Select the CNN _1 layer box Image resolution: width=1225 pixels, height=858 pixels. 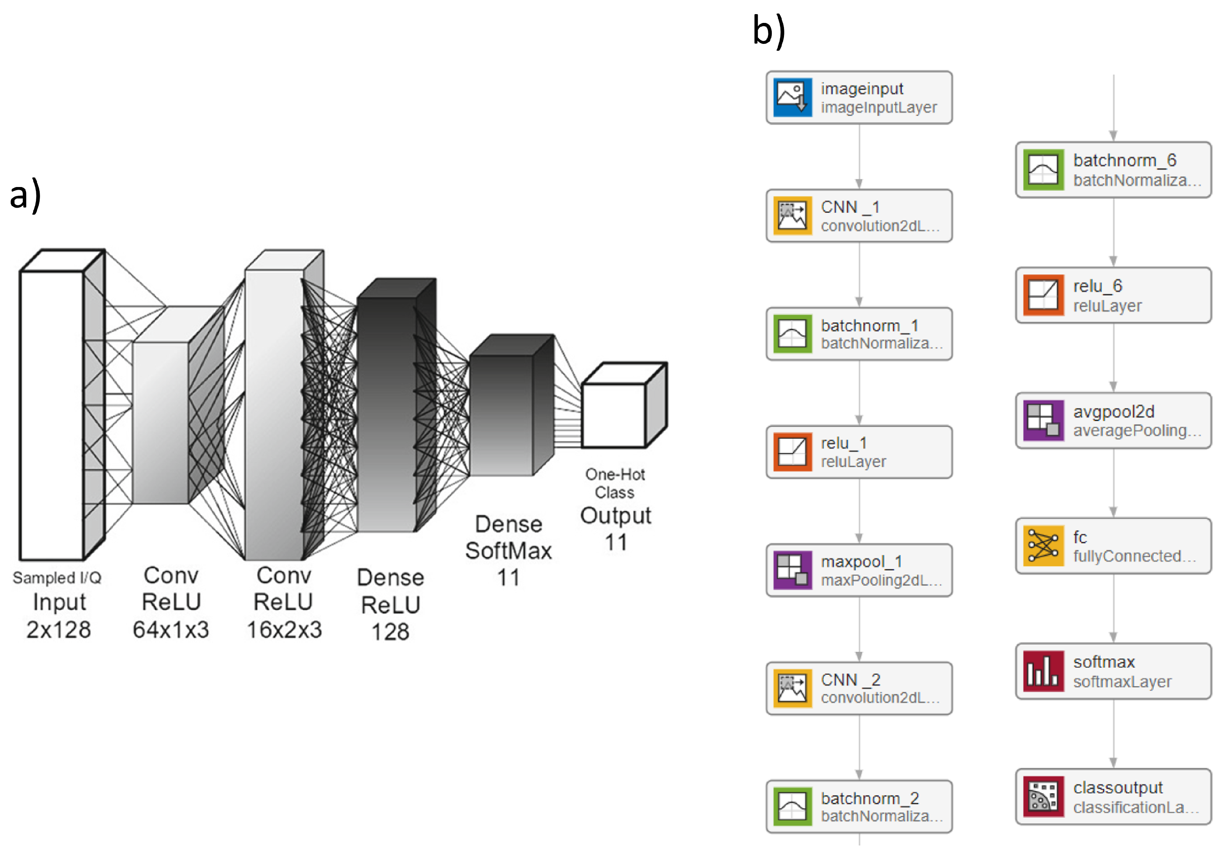click(859, 216)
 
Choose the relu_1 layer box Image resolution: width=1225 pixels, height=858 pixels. click(859, 452)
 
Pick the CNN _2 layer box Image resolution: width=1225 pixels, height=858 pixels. click(859, 688)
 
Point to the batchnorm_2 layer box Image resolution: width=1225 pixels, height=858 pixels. click(859, 806)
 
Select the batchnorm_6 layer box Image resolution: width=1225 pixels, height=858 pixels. click(1114, 170)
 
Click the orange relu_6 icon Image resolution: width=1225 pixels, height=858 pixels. click(1043, 295)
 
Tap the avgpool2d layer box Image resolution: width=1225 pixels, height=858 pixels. click(1114, 421)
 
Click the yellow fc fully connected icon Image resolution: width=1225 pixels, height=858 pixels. click(1043, 546)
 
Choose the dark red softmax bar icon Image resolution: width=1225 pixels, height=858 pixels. click(1043, 671)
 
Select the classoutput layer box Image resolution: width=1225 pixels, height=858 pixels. click(1114, 797)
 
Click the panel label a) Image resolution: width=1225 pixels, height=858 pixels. click(25, 195)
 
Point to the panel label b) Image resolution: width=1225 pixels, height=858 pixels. click(768, 31)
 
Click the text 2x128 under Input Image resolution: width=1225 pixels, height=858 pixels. click(59, 630)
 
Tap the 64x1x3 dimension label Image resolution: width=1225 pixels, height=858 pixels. click(171, 630)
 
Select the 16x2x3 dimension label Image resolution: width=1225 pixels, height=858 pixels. click(284, 630)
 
